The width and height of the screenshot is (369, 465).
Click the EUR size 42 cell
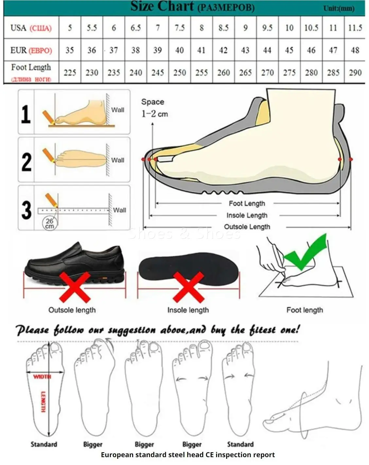[x=223, y=50]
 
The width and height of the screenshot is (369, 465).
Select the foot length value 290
[x=355, y=73]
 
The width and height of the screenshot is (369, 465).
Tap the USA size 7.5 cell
[x=180, y=28]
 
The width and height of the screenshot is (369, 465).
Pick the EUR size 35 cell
[x=70, y=50]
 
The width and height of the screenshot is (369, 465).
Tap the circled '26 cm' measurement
[x=49, y=224]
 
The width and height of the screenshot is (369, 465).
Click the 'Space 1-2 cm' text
[x=154, y=108]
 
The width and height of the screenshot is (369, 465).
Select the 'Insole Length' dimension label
[x=247, y=215]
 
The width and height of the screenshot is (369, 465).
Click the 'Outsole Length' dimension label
[x=247, y=227]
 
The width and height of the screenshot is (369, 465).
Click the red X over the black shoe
[x=75, y=287]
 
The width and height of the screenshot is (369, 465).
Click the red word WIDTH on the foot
[x=42, y=377]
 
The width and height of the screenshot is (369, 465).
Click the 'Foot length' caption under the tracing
[x=305, y=310]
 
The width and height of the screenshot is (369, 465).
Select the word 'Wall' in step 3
[x=119, y=210]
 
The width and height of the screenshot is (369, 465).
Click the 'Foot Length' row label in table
[x=31, y=68]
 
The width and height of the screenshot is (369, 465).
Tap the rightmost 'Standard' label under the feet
[x=240, y=444]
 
